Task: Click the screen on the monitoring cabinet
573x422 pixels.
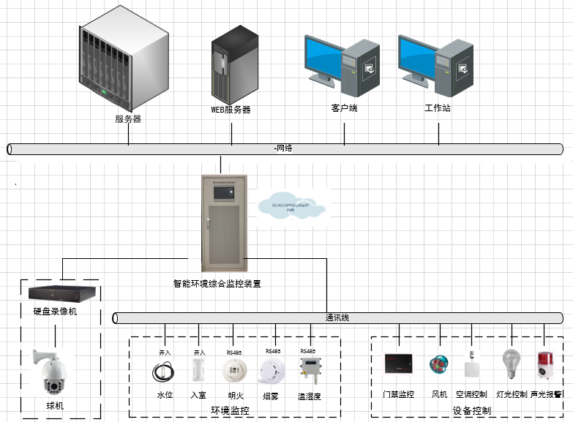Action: [220, 192]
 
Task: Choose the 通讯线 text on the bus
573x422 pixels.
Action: [337, 318]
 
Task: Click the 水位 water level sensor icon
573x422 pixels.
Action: [164, 372]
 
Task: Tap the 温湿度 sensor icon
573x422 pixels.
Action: [308, 371]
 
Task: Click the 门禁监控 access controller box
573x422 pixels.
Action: [399, 365]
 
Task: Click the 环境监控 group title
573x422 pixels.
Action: [230, 411]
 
